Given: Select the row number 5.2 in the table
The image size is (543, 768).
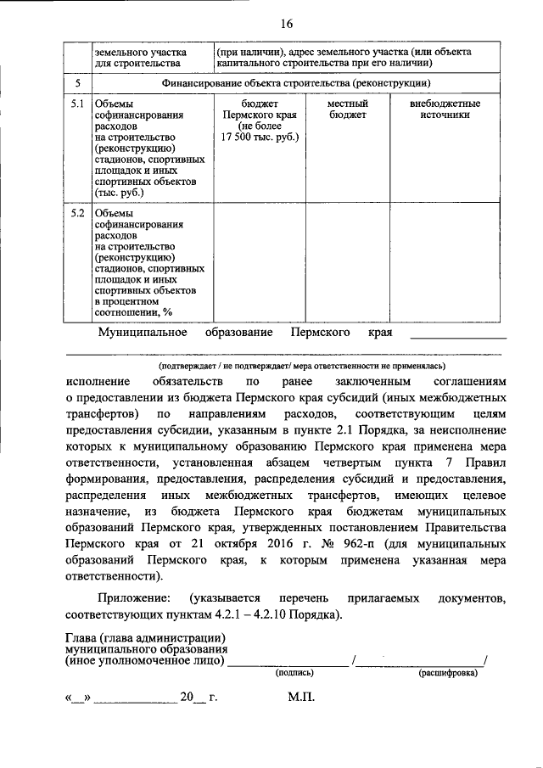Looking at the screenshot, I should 76,213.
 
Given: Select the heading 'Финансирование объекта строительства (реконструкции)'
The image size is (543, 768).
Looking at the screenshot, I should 296,83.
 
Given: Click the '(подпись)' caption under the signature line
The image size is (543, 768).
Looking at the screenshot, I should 294,673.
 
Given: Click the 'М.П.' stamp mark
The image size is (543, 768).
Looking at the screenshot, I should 300,698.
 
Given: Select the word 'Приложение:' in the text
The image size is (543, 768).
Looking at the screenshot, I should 132,598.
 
